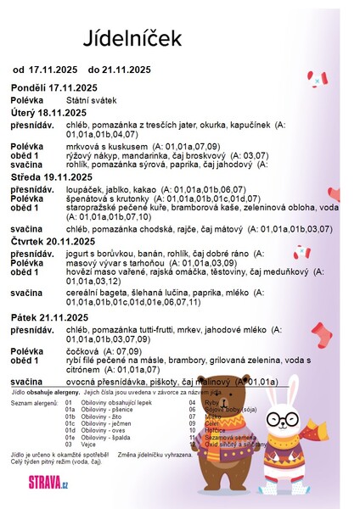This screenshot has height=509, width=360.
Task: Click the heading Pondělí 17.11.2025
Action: coord(54,87)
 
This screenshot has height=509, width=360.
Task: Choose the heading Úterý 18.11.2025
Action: coord(48,112)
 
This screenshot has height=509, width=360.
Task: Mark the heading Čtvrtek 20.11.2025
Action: coord(53,241)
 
